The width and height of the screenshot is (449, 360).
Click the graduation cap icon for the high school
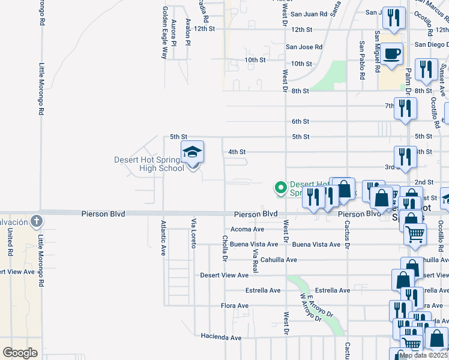point(193,152)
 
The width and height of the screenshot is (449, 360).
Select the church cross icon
point(37,221)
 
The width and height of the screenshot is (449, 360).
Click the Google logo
point(20,353)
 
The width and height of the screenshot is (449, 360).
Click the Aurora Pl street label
point(173,32)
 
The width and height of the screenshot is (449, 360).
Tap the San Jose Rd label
point(304,46)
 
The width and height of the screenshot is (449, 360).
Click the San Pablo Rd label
point(362,61)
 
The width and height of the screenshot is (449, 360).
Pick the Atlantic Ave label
point(163,238)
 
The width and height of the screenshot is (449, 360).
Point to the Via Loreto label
point(194,234)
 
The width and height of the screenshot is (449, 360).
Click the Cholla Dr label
point(225,248)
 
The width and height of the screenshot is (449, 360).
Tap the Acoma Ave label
point(247,229)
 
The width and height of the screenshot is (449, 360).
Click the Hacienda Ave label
point(221,337)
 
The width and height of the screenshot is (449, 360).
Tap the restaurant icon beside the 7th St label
point(405,109)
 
